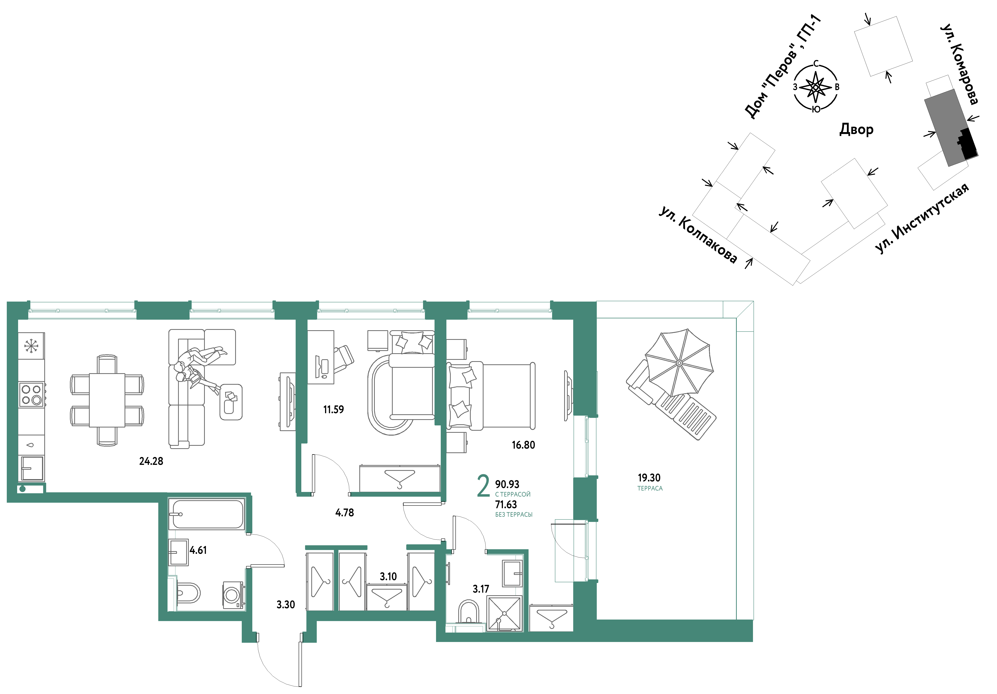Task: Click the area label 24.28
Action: point(151,461)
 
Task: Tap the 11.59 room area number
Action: point(334,410)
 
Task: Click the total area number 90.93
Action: point(507,484)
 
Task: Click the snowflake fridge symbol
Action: point(31,346)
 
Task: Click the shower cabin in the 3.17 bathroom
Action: point(504,613)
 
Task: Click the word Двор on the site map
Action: point(856,129)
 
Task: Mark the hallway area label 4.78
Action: point(345,513)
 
